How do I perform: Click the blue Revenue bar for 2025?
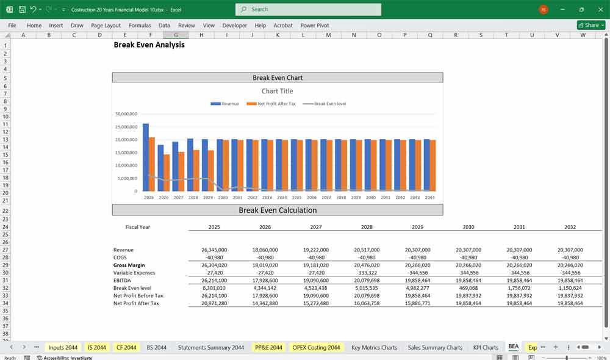[x=146, y=157]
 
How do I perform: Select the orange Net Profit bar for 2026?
[x=166, y=173]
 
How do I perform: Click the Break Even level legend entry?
[x=329, y=104]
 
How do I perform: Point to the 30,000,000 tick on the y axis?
[x=126, y=114]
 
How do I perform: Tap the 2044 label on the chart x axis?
[x=429, y=197]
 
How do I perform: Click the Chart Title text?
[x=278, y=91]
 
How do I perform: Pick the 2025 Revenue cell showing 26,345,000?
[x=214, y=250]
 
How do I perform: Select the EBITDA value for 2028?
[x=367, y=280]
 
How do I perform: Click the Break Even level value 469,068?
[x=468, y=288]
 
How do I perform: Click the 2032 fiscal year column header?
[x=570, y=227]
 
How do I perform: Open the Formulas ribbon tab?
[x=140, y=26]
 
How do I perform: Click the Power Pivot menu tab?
[x=315, y=26]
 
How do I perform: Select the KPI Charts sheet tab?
[x=486, y=347]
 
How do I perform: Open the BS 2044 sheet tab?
[x=156, y=347]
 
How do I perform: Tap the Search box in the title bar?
[x=308, y=9]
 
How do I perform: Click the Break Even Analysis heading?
[x=149, y=45]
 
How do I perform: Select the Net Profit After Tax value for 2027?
[x=316, y=303]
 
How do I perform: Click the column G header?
[x=176, y=35]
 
